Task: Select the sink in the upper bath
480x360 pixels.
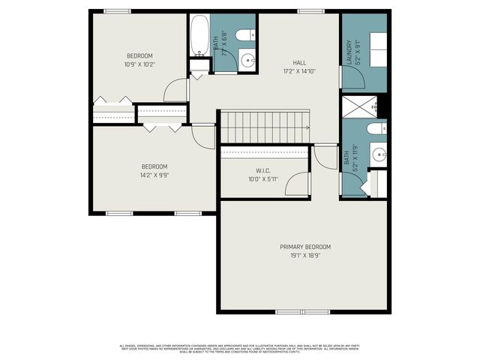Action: click(248, 60)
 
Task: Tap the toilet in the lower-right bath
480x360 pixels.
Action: click(377, 130)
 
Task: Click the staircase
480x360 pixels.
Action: click(264, 126)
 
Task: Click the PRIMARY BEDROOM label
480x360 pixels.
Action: click(305, 247)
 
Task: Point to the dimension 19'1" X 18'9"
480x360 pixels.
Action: click(305, 255)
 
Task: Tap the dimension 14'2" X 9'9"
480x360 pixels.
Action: click(154, 175)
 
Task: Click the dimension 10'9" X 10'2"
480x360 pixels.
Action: click(139, 64)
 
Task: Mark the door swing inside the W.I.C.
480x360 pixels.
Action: click(299, 184)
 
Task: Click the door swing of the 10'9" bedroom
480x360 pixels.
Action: click(177, 90)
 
